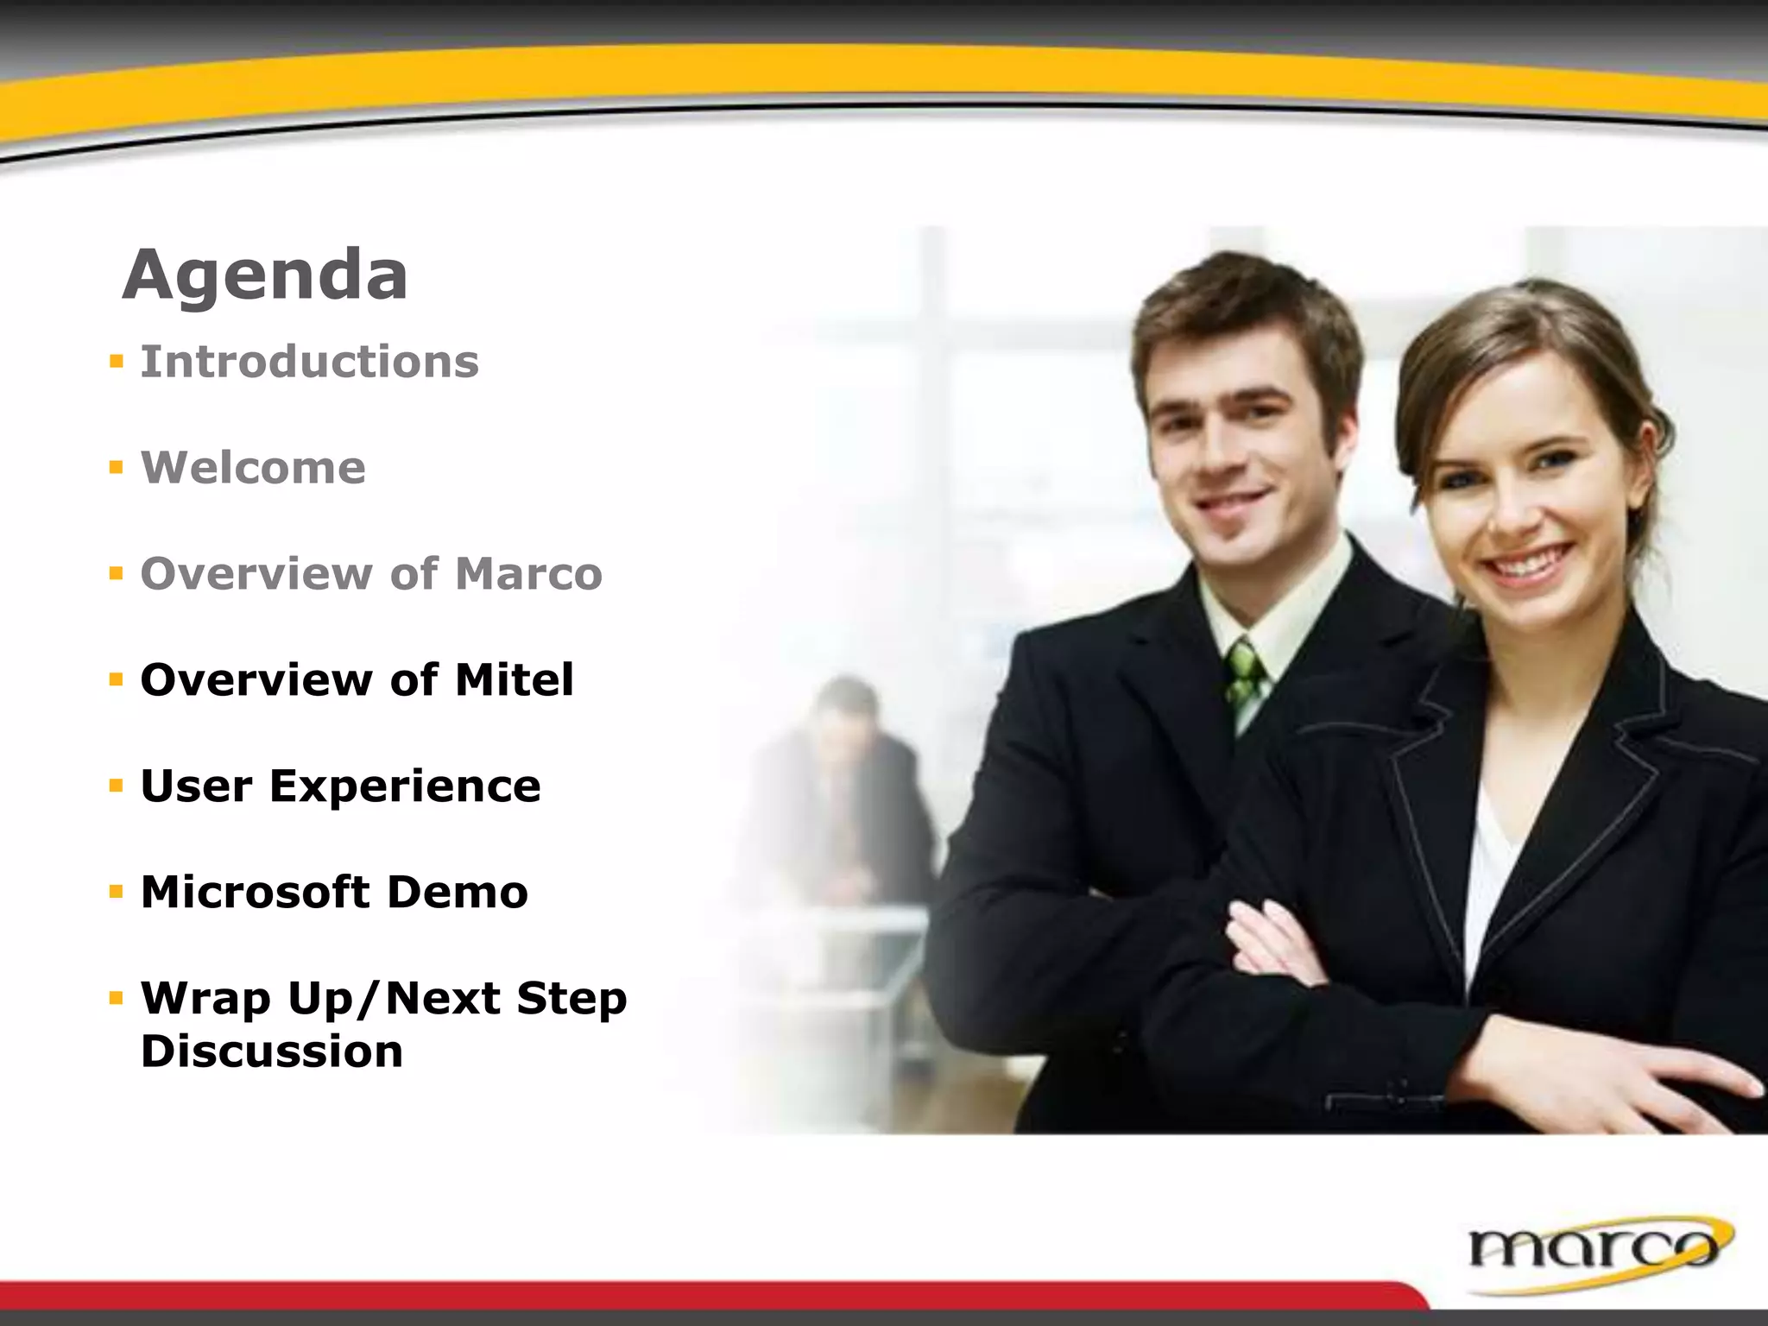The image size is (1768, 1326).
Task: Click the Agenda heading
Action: [x=265, y=275]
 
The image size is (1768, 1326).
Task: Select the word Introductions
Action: [x=309, y=362]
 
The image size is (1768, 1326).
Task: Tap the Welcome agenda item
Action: [x=253, y=468]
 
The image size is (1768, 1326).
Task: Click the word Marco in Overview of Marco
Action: [x=528, y=574]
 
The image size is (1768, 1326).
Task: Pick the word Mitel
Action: [x=514, y=679]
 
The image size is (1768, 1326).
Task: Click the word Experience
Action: [x=405, y=786]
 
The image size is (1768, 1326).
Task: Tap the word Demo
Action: [x=457, y=892]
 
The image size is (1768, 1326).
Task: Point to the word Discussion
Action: [x=271, y=1051]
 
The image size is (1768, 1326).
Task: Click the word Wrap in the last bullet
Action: [x=205, y=999]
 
